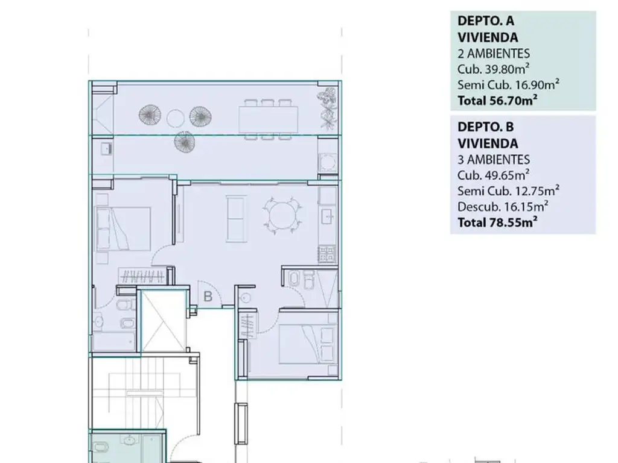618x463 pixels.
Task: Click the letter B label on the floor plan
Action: pos(208,296)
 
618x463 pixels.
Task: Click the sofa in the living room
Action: pos(236,218)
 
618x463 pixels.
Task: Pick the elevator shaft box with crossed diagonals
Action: pos(163,321)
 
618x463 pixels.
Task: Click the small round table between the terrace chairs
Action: pos(175,118)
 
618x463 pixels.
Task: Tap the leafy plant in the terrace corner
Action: pos(328,109)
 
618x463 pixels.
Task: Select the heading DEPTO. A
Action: pos(486,21)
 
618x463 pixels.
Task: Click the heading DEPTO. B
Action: pos(486,127)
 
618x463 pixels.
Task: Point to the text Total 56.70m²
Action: pos(497,101)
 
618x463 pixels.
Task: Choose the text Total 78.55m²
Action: pos(497,222)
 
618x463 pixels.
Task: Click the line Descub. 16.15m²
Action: pos(503,206)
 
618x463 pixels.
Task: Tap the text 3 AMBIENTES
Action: pos(494,159)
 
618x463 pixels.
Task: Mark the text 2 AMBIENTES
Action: pos(494,54)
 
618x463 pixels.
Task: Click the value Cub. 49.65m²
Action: pos(493,175)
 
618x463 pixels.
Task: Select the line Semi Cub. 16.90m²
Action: pos(508,84)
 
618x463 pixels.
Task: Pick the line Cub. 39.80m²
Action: pos(493,69)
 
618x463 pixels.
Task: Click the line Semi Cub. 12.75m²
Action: pos(508,191)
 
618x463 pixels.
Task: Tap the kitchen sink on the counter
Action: pos(327,216)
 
